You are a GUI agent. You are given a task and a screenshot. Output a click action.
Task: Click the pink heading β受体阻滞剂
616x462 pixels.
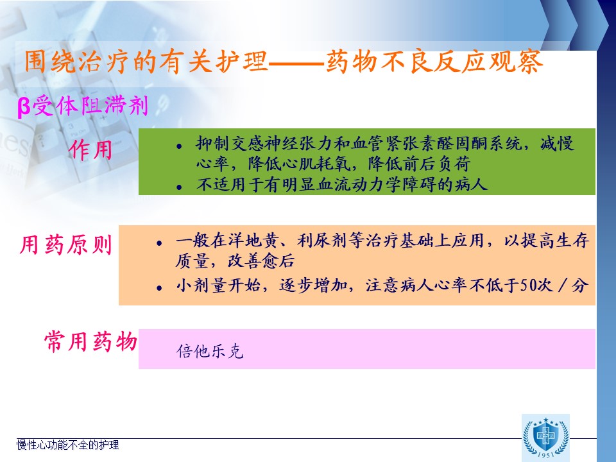(x=83, y=106)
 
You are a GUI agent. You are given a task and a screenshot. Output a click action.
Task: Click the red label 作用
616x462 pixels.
(x=90, y=150)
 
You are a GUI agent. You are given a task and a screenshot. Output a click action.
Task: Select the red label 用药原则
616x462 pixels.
(x=65, y=244)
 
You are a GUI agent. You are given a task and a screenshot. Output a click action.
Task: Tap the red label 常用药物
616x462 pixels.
(x=90, y=341)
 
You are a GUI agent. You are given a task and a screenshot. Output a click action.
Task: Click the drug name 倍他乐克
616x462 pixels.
(x=210, y=351)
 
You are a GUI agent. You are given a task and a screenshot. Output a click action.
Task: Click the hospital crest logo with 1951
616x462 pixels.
(x=545, y=438)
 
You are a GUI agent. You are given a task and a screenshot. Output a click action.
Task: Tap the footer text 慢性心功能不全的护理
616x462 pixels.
(x=67, y=445)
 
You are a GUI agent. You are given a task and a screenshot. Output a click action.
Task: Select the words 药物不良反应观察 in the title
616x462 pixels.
(x=434, y=62)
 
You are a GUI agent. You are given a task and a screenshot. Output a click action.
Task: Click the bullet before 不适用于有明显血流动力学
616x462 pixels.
(x=179, y=187)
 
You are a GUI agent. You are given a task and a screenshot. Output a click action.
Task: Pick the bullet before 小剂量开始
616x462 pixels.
(x=159, y=288)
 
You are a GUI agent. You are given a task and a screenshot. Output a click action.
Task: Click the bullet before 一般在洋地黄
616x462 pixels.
(x=159, y=243)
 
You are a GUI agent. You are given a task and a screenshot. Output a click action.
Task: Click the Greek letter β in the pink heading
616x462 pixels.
(x=24, y=107)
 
